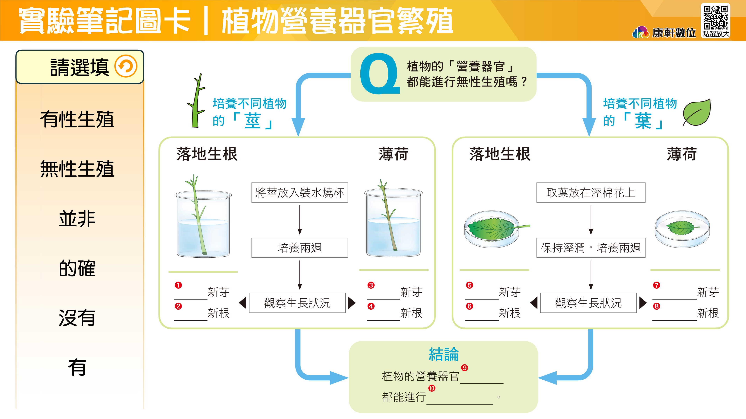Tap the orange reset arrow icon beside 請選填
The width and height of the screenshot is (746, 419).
coord(126,66)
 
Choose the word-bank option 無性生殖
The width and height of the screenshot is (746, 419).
coord(77,169)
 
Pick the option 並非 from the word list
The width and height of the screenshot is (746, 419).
coord(77,219)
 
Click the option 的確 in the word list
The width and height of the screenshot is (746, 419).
coord(77,268)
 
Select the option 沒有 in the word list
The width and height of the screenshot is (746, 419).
coord(77,318)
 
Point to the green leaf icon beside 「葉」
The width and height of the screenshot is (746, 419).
coord(697,113)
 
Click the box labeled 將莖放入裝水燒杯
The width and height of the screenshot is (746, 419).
coord(299,193)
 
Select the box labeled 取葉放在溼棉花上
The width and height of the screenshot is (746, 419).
coord(591,193)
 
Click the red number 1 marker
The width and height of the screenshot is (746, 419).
coord(178,285)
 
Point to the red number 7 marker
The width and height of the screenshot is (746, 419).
coord(656,285)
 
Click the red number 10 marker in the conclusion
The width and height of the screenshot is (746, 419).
coord(432,388)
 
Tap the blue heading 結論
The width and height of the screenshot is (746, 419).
coord(443,355)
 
